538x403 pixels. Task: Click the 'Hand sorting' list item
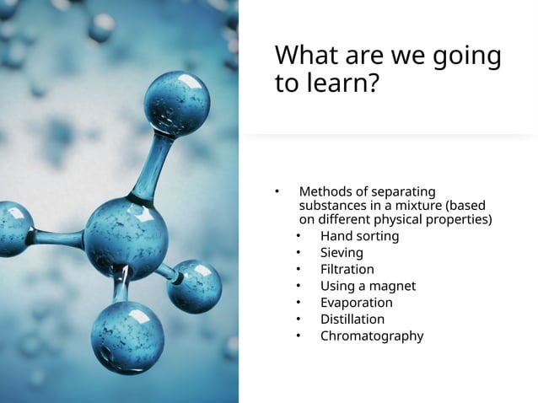[359, 236]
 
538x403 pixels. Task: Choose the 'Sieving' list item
[342, 253]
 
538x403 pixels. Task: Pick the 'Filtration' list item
[347, 269]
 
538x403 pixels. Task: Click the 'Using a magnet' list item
[368, 286]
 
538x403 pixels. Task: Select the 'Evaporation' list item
[356, 303]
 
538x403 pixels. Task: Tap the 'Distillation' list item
[352, 319]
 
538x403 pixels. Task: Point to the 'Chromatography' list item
[371, 336]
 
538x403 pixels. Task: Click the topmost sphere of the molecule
[177, 105]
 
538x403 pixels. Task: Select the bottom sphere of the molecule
[127, 336]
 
